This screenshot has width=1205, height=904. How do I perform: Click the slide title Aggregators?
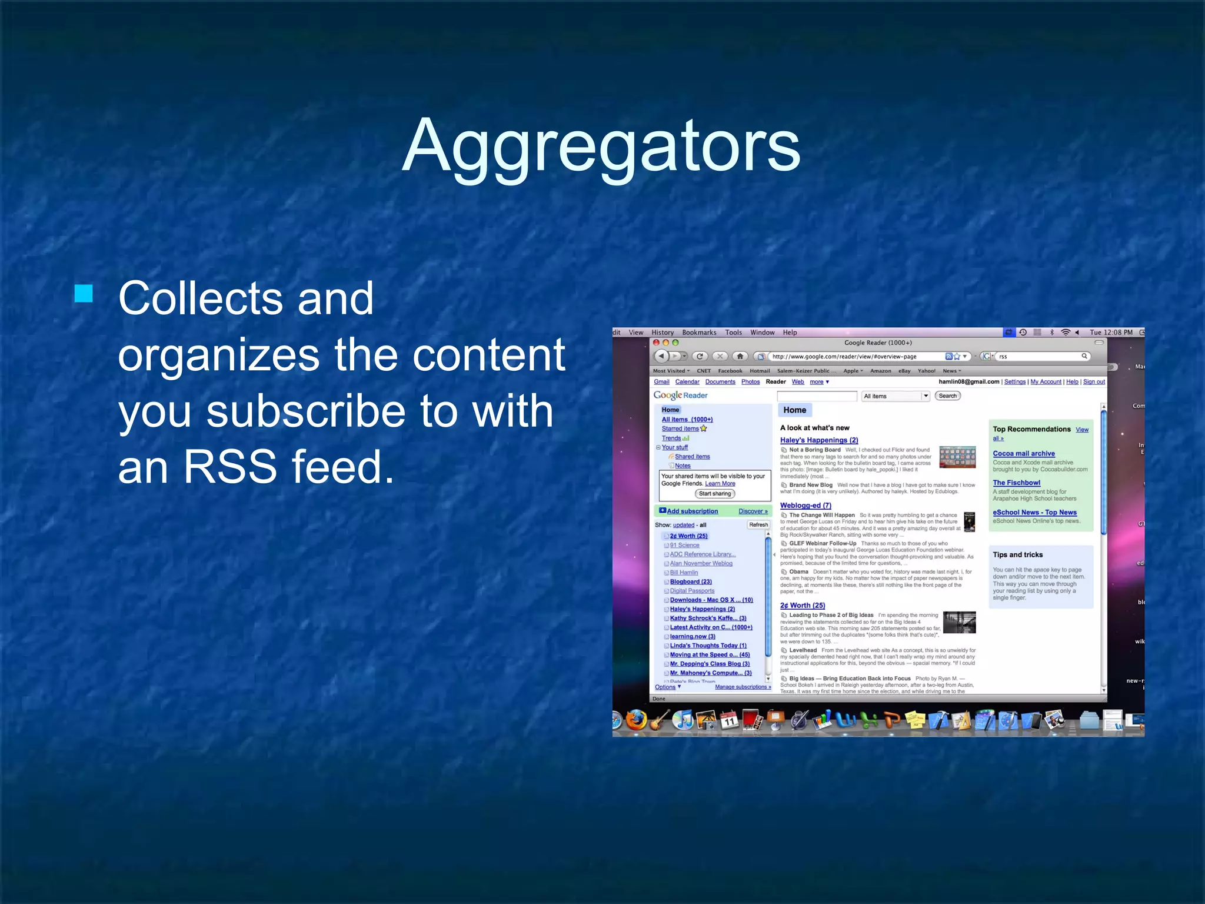[x=601, y=145]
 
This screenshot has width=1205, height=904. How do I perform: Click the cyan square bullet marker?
[x=84, y=293]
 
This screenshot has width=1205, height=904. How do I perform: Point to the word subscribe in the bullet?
[x=334, y=411]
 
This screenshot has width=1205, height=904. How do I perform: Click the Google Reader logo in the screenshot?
[x=680, y=395]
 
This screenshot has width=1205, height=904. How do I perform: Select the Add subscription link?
[x=692, y=511]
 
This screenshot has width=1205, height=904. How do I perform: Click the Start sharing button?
[x=715, y=494]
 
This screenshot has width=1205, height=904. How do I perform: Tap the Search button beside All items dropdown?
[x=947, y=396]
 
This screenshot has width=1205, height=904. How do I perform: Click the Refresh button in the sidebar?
[x=758, y=525]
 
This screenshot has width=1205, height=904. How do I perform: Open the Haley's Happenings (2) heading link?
[x=819, y=440]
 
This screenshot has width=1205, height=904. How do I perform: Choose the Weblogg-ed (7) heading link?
[x=805, y=506]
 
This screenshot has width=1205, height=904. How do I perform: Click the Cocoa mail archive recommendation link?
[x=1024, y=454]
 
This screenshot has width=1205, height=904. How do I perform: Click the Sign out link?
[x=1094, y=382]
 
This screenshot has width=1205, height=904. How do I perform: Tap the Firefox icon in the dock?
[x=636, y=720]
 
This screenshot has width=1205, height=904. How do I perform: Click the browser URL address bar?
[x=853, y=357]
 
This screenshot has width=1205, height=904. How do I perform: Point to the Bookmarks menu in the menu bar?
[x=699, y=333]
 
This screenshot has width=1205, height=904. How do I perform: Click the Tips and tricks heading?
[x=1017, y=555]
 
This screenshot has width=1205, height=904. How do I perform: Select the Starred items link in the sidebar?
[x=680, y=429]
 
